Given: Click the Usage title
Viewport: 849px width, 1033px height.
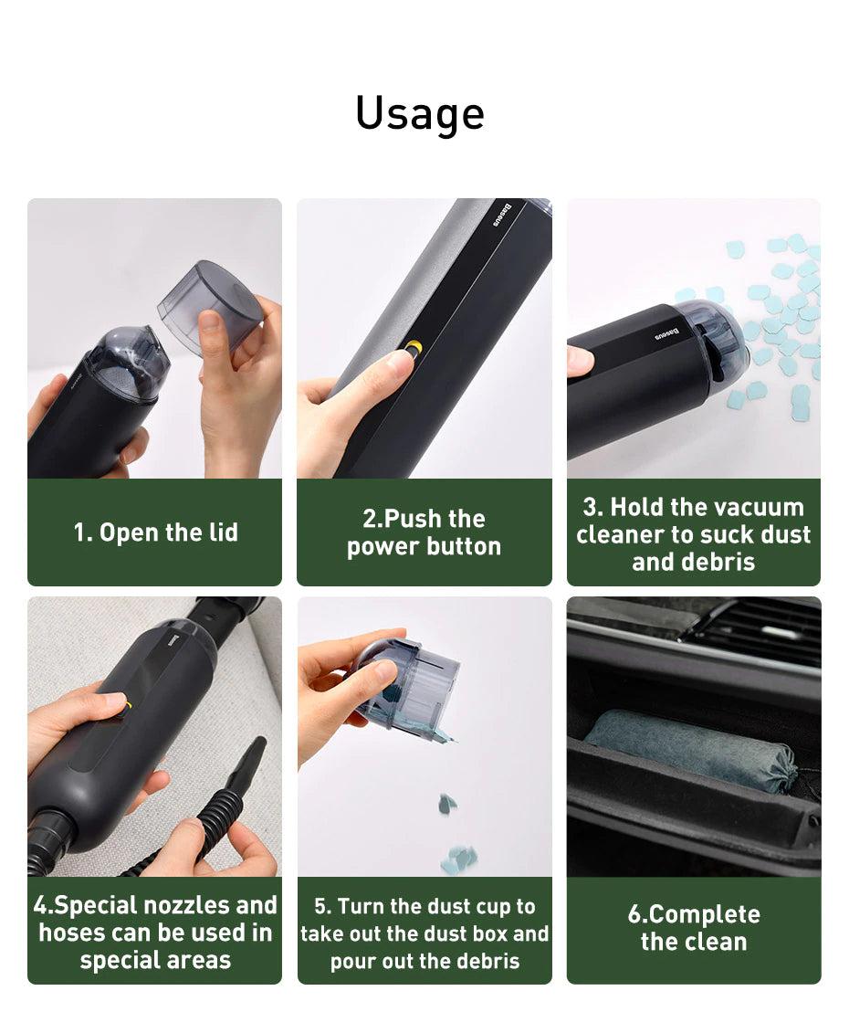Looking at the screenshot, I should [420, 113].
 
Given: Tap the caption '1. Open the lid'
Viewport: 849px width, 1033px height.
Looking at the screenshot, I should [155, 532].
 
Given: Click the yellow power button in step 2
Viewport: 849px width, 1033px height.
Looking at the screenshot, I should [414, 348].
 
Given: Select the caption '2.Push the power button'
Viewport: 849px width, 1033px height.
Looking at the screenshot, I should [424, 532].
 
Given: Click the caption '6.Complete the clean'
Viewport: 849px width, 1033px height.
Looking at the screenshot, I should [694, 928].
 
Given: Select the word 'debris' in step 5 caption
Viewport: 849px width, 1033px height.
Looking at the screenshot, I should [488, 961].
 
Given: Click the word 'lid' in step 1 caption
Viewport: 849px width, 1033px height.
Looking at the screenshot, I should [223, 532].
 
